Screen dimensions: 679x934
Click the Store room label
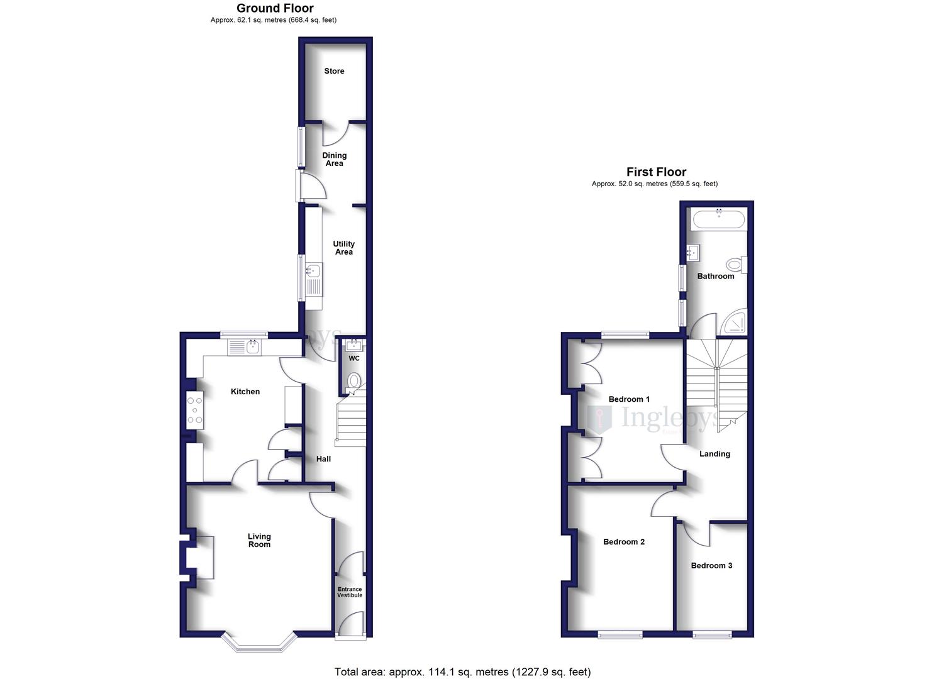point(334,71)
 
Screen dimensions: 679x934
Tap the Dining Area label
point(334,159)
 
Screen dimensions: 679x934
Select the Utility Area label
point(343,248)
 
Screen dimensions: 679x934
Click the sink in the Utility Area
point(313,272)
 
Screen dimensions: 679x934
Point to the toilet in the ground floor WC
point(354,381)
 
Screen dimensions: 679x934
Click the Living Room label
point(259,540)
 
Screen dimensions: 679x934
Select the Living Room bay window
point(259,643)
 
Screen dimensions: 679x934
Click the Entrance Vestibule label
point(350,592)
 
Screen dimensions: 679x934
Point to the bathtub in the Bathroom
point(718,220)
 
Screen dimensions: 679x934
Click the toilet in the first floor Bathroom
point(735,264)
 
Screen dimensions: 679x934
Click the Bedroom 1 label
point(629,399)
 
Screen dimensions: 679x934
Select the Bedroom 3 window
point(712,636)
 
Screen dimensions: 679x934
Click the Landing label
point(714,454)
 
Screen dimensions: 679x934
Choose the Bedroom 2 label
point(624,542)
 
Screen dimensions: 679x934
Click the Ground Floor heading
point(275,8)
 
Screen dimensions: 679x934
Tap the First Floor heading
point(656,172)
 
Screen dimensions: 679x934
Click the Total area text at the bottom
point(462,672)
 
